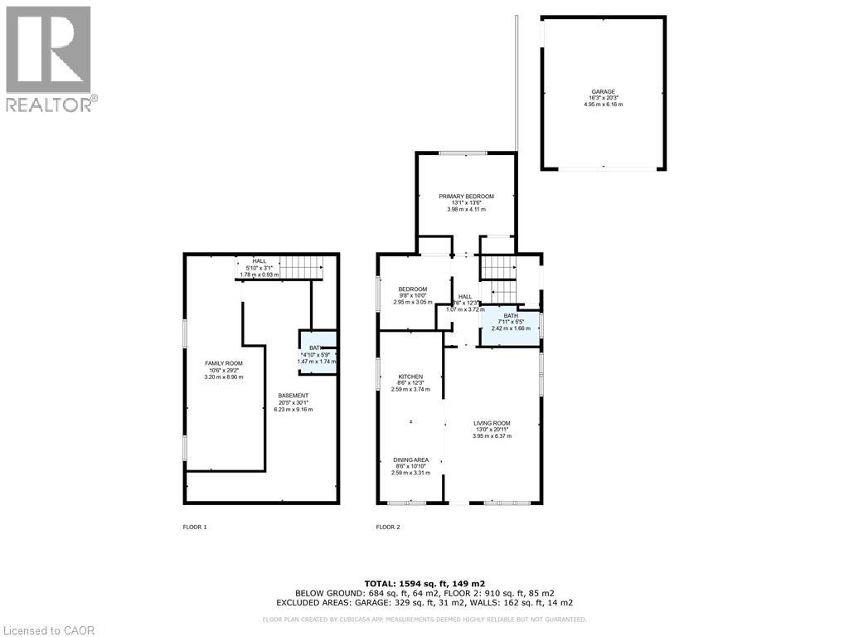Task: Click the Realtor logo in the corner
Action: click(x=49, y=59)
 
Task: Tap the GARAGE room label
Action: click(x=604, y=92)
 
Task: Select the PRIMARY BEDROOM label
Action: click(x=466, y=197)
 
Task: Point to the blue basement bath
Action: click(x=318, y=353)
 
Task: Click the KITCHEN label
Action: click(x=410, y=377)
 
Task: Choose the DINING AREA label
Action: click(x=410, y=460)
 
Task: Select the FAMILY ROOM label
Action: click(x=224, y=363)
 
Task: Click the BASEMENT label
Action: click(x=294, y=396)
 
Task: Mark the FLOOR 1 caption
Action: click(x=195, y=527)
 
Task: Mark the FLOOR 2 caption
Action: click(x=388, y=527)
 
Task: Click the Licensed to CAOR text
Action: click(x=48, y=630)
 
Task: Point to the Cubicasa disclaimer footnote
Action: click(x=424, y=620)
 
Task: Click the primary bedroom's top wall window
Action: click(x=463, y=153)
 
